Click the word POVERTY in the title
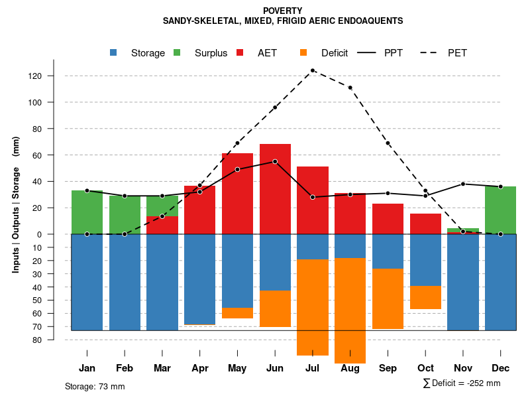pos(282,11)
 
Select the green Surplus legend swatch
pos(177,52)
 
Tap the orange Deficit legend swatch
pos(303,52)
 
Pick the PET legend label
pos(457,53)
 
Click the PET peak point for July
pos(312,70)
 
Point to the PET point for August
pos(350,88)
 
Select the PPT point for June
pos(275,162)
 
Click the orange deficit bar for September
pos(388,298)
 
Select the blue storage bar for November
pos(463,282)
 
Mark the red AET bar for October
pos(425,224)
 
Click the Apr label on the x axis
pos(199,368)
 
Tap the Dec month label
pos(501,368)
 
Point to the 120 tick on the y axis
pos(53,76)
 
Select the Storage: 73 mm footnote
pos(95,386)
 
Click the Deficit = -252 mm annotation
pos(462,383)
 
